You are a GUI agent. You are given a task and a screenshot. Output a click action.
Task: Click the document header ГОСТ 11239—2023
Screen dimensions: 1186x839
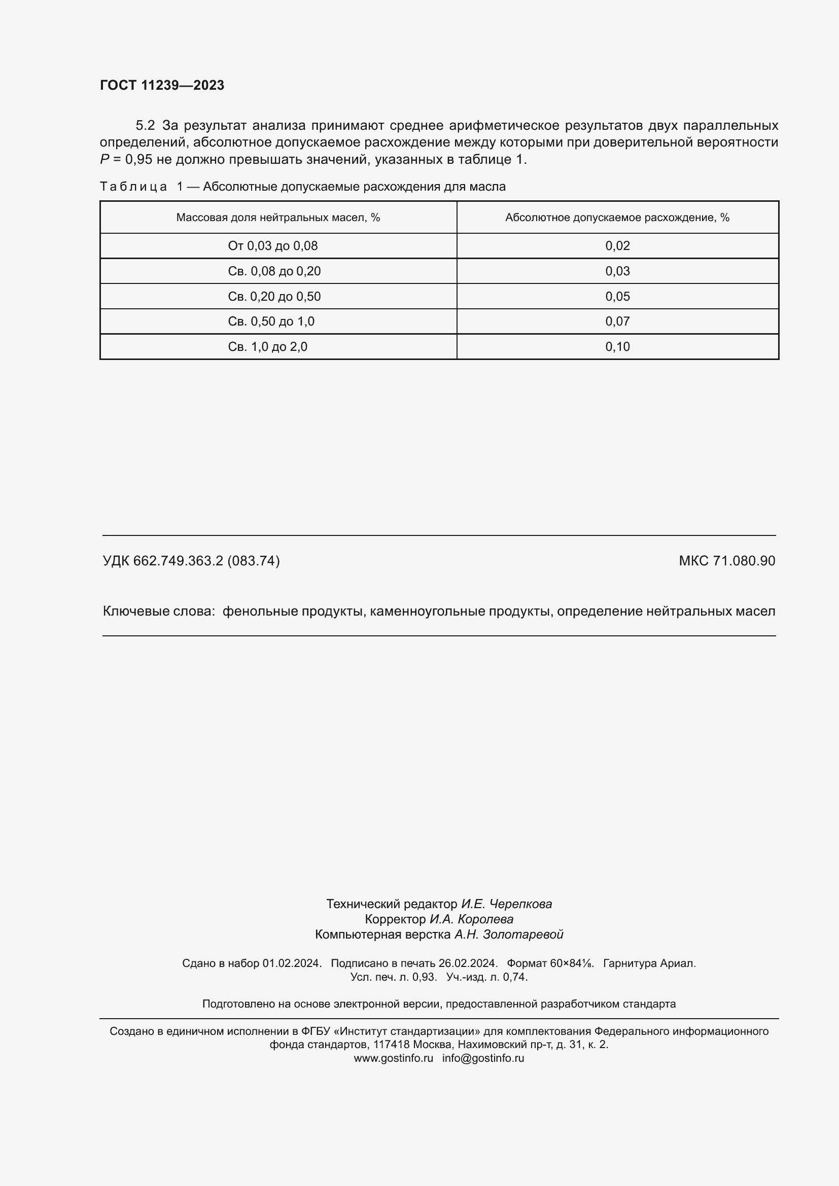click(162, 85)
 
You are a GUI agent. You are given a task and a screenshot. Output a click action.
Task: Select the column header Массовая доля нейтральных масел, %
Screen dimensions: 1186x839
click(278, 218)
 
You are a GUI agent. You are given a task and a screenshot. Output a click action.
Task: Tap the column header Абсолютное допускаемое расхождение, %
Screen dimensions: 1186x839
click(617, 218)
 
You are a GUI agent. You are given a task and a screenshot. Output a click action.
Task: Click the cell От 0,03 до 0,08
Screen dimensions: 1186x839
click(273, 246)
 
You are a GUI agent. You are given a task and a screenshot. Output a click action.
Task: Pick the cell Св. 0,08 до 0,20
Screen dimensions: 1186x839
click(274, 271)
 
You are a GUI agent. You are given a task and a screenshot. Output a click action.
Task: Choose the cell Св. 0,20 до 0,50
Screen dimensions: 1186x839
click(274, 297)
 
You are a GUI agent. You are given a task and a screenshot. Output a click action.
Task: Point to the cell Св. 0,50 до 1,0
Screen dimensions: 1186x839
click(271, 321)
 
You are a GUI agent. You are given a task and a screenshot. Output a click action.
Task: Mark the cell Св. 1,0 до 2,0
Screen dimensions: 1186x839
click(268, 347)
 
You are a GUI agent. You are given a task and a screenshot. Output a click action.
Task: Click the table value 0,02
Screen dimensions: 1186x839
click(617, 246)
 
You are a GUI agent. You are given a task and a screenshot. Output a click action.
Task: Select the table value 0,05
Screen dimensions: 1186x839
click(617, 297)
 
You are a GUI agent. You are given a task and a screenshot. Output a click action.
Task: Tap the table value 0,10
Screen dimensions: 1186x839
click(617, 347)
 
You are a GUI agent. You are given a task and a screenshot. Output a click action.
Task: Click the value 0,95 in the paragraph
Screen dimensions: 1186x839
click(138, 160)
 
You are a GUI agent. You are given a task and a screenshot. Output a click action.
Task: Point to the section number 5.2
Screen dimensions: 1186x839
click(145, 126)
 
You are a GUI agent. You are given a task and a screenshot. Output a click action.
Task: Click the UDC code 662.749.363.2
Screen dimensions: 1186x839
click(178, 560)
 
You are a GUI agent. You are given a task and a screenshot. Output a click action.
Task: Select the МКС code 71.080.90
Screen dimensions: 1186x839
click(744, 560)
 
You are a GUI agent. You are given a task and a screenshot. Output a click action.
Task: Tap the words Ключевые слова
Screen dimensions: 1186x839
click(158, 611)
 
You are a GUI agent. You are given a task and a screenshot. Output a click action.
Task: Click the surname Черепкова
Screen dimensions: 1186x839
click(520, 904)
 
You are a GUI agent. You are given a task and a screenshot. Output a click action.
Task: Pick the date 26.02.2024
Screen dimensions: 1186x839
click(468, 963)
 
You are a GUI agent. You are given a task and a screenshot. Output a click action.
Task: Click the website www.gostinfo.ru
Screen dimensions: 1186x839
click(393, 1058)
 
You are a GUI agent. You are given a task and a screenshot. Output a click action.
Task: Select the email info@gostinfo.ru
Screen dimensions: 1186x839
click(483, 1058)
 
